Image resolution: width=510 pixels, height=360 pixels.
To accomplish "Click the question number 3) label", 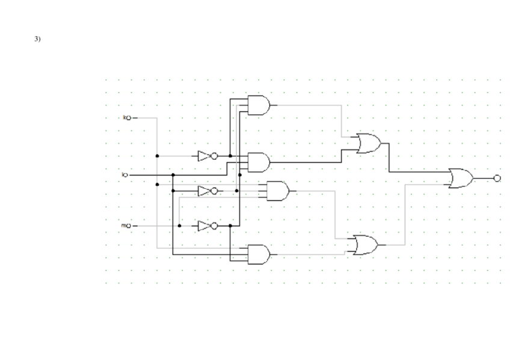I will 37,40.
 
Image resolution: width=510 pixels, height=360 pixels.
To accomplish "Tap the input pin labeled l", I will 125,175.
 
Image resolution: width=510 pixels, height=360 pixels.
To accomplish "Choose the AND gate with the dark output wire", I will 259,162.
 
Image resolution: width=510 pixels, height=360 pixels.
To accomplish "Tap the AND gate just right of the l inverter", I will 277,191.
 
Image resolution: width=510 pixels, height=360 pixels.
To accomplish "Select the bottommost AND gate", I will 259,254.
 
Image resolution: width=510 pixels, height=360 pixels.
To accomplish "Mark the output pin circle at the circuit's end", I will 497,178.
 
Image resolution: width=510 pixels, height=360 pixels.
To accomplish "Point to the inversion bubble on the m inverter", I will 215,226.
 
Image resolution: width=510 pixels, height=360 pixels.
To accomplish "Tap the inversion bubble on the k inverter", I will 215,156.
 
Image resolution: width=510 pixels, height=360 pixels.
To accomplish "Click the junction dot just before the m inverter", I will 180,226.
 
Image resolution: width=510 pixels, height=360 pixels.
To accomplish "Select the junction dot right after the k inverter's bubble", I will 230,156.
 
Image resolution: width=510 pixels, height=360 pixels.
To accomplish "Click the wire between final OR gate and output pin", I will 483,178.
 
